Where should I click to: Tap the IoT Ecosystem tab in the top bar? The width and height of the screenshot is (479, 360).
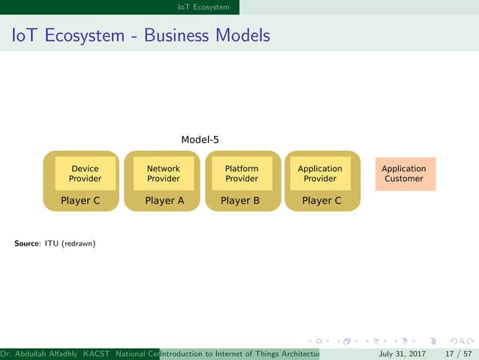(x=203, y=8)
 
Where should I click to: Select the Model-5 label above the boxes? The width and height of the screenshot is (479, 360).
(x=200, y=140)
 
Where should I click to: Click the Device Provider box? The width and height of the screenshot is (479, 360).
(x=85, y=174)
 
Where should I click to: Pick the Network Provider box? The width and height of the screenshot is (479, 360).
(x=163, y=174)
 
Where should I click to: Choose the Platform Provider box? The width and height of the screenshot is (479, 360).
(x=242, y=174)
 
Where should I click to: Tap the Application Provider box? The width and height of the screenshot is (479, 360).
(x=320, y=174)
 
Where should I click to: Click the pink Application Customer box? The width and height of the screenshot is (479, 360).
(x=404, y=174)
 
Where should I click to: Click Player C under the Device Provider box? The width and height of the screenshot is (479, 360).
(x=80, y=201)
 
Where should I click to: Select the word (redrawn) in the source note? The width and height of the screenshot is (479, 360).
(x=79, y=244)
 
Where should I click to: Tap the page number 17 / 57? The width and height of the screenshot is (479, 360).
(x=456, y=354)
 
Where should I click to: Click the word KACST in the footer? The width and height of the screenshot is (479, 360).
(x=96, y=354)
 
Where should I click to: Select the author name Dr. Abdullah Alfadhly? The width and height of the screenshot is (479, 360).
(x=40, y=354)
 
